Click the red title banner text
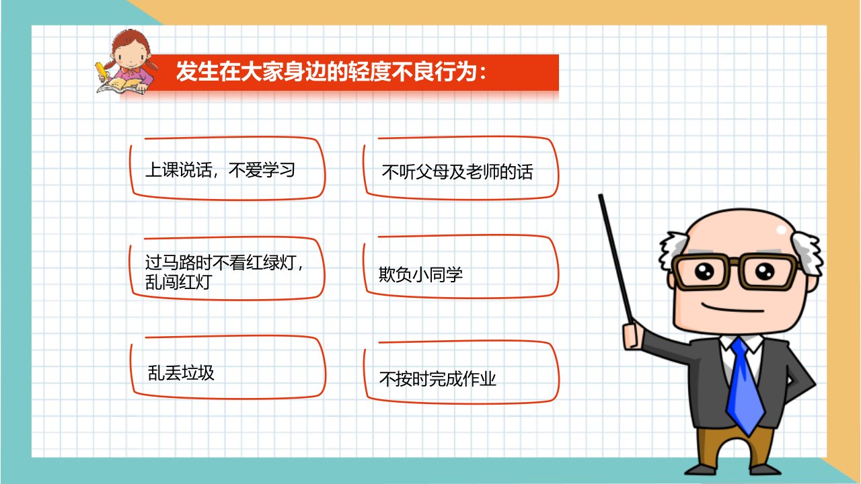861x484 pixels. (x=331, y=71)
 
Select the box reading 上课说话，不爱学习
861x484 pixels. (x=227, y=169)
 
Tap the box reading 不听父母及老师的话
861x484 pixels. (x=461, y=168)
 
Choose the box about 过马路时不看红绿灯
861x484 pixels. (x=227, y=268)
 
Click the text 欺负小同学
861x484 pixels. (x=420, y=275)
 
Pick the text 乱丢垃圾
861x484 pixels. (x=181, y=372)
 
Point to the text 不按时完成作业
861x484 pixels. (x=437, y=378)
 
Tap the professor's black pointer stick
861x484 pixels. (x=615, y=259)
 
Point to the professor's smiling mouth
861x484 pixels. (x=733, y=308)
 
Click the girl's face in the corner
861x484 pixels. (x=130, y=57)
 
